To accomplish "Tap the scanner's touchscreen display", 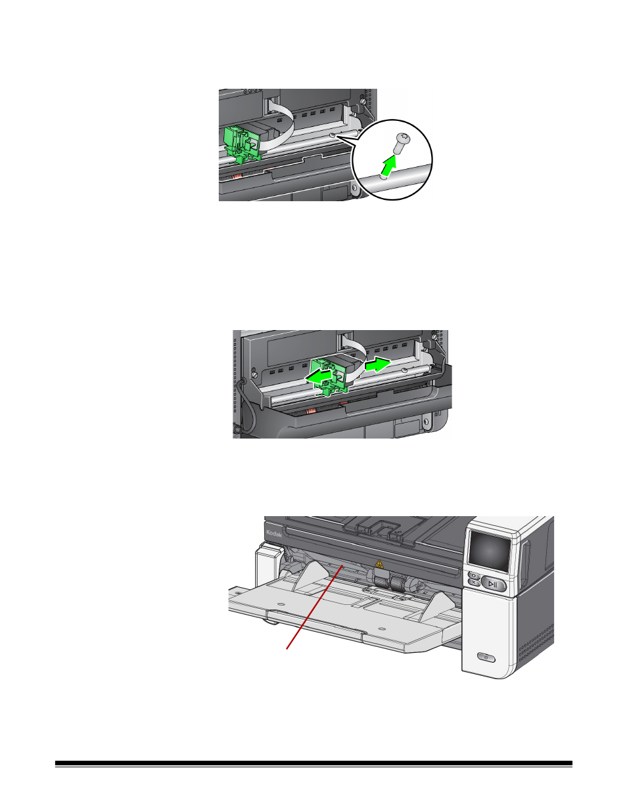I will (488, 551).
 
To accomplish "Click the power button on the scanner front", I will (485, 657).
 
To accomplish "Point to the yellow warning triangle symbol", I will (379, 563).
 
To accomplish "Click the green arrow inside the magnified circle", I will (390, 167).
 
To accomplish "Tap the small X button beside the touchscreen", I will (473, 583).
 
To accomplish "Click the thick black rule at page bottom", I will (313, 764).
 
